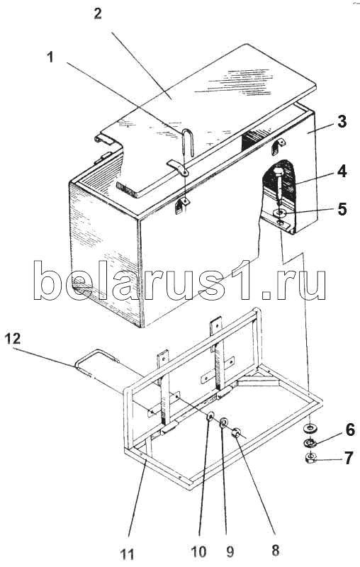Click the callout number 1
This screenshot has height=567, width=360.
click(50, 57)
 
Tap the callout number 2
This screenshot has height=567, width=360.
click(98, 13)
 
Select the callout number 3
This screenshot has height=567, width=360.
click(342, 121)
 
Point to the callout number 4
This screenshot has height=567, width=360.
click(342, 171)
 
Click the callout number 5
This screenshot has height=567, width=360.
click(342, 209)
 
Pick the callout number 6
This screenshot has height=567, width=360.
click(350, 430)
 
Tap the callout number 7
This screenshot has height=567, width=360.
click(349, 458)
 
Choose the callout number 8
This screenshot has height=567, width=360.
click(276, 551)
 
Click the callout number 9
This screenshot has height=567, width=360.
click(230, 551)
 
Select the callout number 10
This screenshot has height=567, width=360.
click(198, 551)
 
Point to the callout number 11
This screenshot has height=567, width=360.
click(127, 554)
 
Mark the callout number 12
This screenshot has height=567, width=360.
click(13, 339)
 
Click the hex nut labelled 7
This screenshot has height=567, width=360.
click(310, 457)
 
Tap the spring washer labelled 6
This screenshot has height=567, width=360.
click(310, 442)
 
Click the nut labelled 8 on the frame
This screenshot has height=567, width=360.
click(237, 432)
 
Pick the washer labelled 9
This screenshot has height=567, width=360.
click(224, 422)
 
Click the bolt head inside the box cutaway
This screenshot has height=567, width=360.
click(279, 171)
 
